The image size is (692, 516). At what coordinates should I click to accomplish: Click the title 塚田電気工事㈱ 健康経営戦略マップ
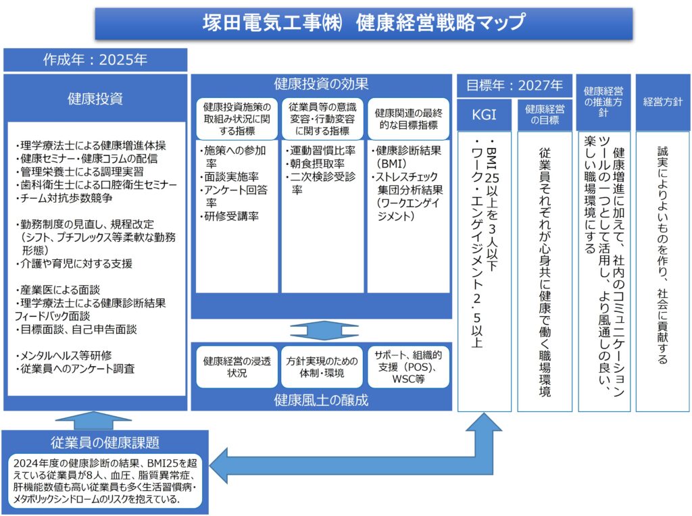(x=364, y=23)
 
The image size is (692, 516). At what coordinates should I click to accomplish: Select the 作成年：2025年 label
(x=95, y=59)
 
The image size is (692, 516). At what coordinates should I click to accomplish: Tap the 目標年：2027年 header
(x=514, y=85)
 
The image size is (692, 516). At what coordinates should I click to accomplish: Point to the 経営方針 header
(x=662, y=102)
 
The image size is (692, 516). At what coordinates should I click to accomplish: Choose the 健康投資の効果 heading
(x=321, y=84)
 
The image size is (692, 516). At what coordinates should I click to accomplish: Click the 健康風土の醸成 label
(x=321, y=399)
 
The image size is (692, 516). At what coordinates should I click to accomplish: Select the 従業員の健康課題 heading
(x=105, y=442)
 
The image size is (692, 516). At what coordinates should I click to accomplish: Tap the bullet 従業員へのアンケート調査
(x=76, y=369)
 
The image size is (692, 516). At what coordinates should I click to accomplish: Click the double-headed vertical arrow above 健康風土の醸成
(x=321, y=331)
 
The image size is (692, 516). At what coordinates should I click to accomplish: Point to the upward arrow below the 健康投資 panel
(x=95, y=419)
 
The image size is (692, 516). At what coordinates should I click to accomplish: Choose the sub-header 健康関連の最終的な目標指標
(x=408, y=119)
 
